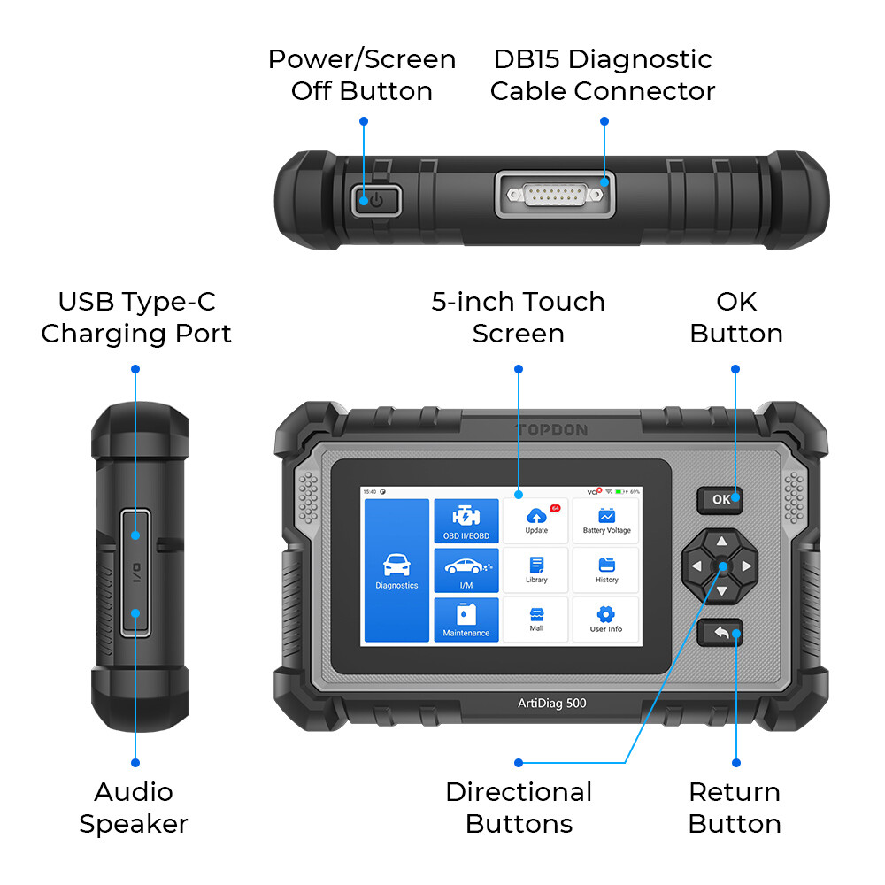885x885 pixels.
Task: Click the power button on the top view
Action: [x=376, y=200]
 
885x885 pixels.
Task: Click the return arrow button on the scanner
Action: [x=720, y=633]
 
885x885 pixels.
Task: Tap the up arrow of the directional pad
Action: [x=721, y=542]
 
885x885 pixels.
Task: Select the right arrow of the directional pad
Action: [x=747, y=566]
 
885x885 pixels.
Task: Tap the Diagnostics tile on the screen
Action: [x=396, y=570]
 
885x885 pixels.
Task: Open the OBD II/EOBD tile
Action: [x=466, y=521]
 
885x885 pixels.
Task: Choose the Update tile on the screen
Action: [x=536, y=520]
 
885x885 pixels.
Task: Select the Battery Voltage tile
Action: [x=606, y=520]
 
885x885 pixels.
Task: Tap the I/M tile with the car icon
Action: [x=466, y=570]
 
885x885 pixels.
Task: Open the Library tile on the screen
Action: [x=536, y=570]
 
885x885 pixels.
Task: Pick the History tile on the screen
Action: [x=606, y=570]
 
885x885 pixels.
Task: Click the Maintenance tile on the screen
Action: [x=466, y=619]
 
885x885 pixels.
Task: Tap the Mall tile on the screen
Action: [x=536, y=619]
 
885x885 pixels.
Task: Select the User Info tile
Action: [x=606, y=619]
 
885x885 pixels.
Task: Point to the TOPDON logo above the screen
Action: [x=550, y=430]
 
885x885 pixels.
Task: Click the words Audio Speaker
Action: [x=134, y=808]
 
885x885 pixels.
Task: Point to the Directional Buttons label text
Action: [x=519, y=808]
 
